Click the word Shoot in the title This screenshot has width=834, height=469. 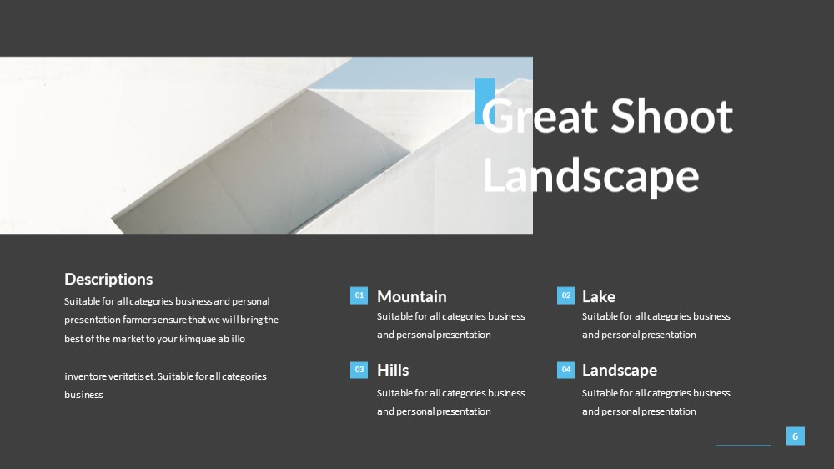671,115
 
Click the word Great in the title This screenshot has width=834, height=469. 540,115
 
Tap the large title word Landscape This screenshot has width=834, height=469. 590,176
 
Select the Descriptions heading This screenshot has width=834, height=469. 108,279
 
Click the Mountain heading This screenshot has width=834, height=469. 412,296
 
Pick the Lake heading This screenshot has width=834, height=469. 598,296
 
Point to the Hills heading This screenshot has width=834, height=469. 393,370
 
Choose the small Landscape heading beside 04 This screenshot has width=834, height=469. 619,370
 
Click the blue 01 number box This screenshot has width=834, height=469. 359,295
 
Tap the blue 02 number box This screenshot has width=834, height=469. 566,295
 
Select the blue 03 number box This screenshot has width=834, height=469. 359,370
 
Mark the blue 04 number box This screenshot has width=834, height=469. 566,370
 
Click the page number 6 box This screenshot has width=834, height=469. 795,436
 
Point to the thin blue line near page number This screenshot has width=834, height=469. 744,446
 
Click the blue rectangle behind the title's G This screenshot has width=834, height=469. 484,101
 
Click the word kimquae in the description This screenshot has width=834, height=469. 198,339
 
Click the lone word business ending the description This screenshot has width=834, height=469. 83,395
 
